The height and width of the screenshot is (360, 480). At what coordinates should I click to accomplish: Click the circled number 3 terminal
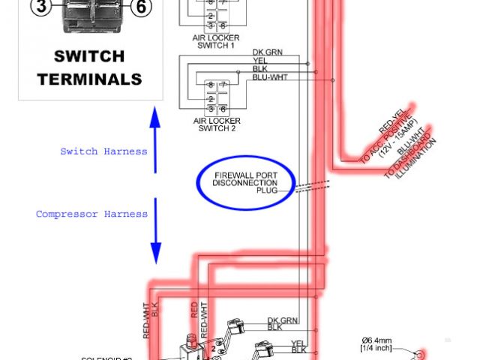pyautogui.click(x=42, y=7)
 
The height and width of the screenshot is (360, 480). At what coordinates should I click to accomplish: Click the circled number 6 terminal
pyautogui.click(x=140, y=7)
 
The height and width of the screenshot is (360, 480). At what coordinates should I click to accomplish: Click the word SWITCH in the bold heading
pyautogui.click(x=89, y=57)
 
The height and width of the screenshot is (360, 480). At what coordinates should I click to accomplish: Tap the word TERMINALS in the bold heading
pyautogui.click(x=89, y=78)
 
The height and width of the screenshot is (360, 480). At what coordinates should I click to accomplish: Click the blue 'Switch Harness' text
pyautogui.click(x=103, y=151)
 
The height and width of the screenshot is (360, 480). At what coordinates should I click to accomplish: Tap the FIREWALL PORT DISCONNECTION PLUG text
pyautogui.click(x=245, y=182)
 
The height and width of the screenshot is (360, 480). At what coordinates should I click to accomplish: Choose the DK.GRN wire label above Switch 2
pyautogui.click(x=267, y=52)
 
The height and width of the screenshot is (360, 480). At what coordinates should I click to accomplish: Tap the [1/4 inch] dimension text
pyautogui.click(x=376, y=348)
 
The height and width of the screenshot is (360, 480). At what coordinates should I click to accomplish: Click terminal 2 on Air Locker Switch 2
pyautogui.click(x=211, y=98)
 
